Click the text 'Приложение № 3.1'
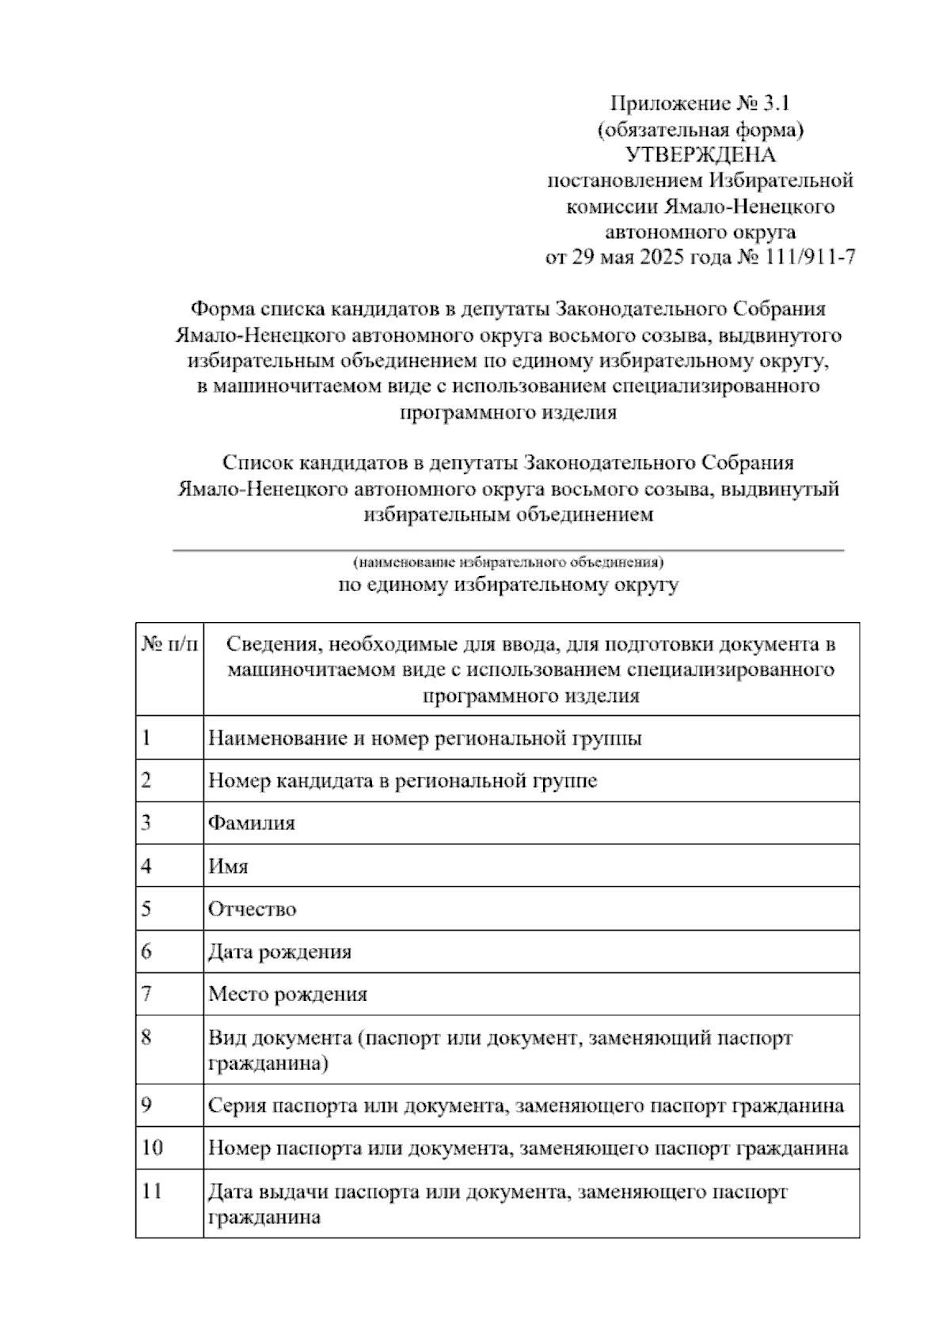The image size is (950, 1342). pos(701,104)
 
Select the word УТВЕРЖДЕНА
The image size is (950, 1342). pos(701,155)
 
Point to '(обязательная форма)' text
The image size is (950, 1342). pos(701,129)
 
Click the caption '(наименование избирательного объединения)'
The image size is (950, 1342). pos(507,563)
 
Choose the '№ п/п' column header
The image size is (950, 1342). pos(169,645)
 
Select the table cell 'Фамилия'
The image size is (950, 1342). pos(252,824)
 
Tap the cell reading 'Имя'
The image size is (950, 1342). pos(228,866)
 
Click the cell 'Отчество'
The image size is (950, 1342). pos(252,909)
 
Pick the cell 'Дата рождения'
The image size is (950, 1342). pos(279,952)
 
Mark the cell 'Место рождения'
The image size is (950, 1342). pos(287,995)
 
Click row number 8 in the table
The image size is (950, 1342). pos(146,1037)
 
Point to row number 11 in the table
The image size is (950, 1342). pos(151,1192)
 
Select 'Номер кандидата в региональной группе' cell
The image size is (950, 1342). pos(402,781)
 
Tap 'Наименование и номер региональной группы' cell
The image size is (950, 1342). pos(424,738)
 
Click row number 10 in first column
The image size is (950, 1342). pos(151,1148)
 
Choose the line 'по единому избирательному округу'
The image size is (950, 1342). pos(507,586)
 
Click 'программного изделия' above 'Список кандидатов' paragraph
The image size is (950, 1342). pos(507,413)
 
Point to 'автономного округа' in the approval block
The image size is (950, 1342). pos(701,233)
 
